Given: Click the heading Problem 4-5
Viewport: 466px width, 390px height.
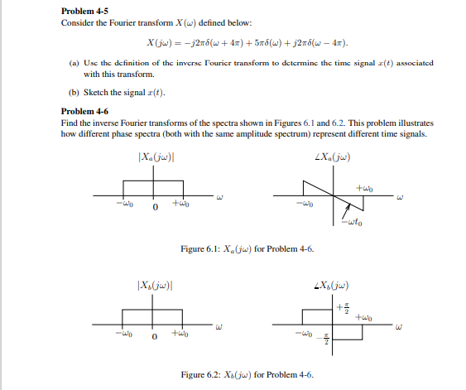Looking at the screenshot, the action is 86,11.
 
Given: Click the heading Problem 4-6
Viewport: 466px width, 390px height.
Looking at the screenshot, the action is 86,111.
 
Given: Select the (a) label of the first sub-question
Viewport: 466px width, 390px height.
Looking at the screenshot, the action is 73,63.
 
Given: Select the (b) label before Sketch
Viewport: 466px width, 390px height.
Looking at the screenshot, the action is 73,92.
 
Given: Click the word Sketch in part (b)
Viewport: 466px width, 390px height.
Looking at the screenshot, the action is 96,92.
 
